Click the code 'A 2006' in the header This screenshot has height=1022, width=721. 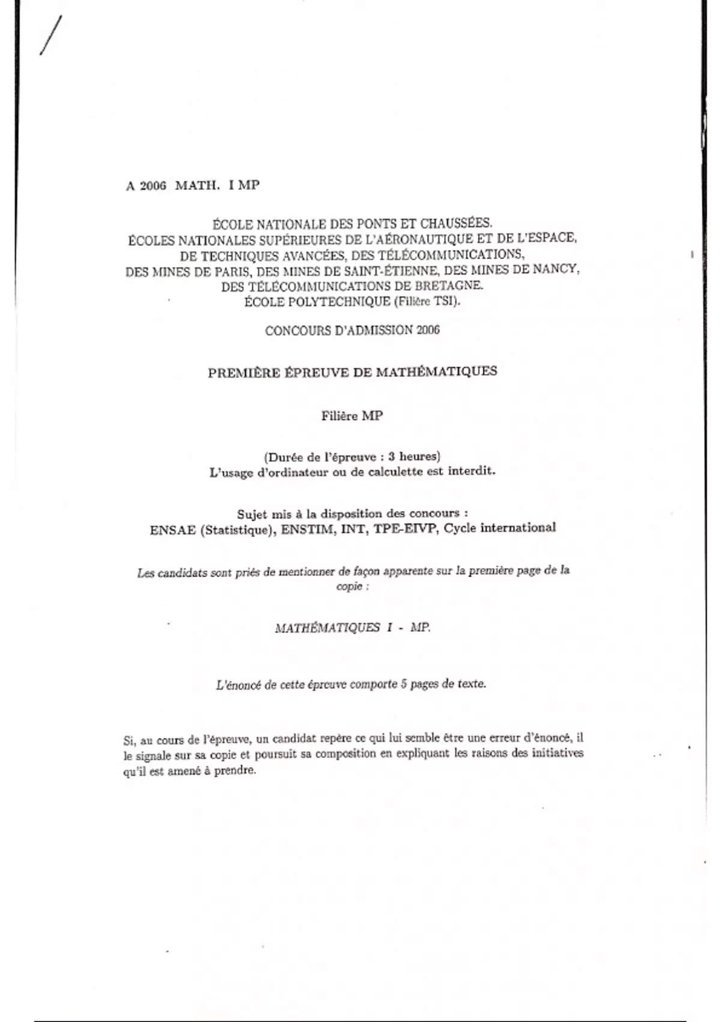145,186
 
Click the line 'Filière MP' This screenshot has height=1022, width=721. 352,416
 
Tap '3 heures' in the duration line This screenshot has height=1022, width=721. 414,456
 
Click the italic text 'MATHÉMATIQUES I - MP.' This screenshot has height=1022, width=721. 353,628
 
